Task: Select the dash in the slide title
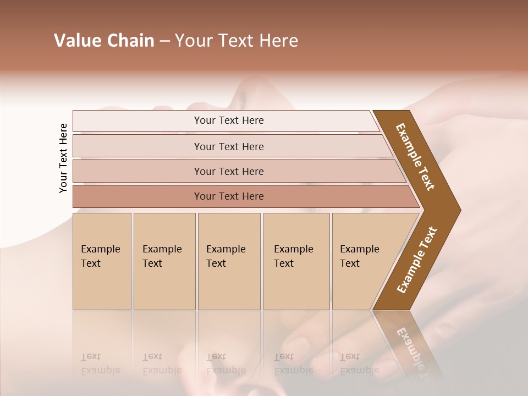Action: click(164, 41)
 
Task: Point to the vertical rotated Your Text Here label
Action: click(63, 158)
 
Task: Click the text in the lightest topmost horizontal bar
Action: click(229, 120)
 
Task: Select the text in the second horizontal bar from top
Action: click(229, 147)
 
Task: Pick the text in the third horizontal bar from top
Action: click(229, 172)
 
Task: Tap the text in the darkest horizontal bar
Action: click(229, 196)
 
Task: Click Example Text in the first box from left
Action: click(100, 256)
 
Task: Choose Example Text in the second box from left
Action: click(162, 256)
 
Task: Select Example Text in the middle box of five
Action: click(226, 256)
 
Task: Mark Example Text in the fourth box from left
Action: click(293, 256)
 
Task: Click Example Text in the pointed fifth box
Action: click(359, 256)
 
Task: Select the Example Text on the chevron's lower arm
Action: click(417, 260)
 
